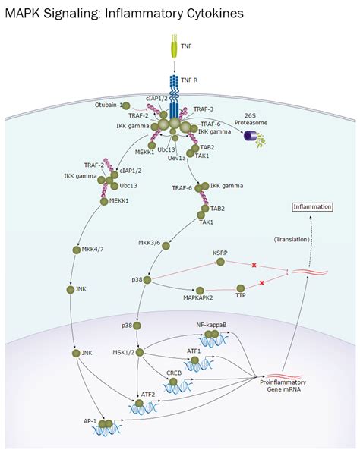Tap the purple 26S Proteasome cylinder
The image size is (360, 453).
(x=248, y=134)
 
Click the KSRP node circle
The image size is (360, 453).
(x=221, y=262)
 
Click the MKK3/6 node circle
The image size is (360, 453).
(x=166, y=244)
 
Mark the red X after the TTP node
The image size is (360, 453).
(x=262, y=282)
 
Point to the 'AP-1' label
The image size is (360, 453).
(x=90, y=422)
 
